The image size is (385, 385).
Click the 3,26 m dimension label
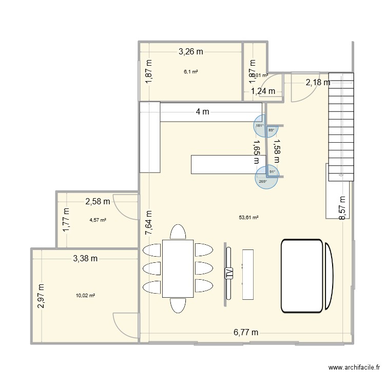point(191,51)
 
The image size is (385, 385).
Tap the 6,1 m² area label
point(191,72)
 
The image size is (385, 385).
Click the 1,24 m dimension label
point(263,91)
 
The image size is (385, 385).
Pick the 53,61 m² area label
point(248,217)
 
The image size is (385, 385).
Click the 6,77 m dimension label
point(246,333)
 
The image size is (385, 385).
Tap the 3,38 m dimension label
point(84,258)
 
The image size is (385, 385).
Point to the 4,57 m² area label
point(98,220)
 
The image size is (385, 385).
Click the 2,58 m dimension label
point(98,202)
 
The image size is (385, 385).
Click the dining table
point(178,268)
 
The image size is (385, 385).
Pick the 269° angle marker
point(263,181)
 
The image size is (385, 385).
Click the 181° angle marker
point(259,126)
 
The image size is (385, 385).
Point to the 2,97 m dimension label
point(41,296)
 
